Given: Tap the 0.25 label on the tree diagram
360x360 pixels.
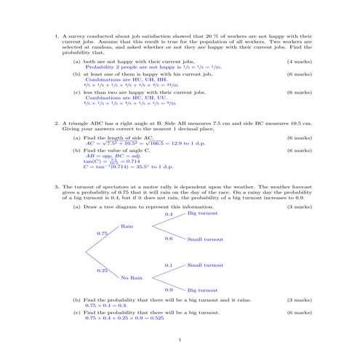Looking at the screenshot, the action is (x=102, y=271).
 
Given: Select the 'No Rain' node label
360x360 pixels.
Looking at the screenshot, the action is (x=132, y=278).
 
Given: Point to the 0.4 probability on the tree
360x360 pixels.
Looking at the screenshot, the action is (x=169, y=215).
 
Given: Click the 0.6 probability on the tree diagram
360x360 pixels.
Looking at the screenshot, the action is (x=169, y=238).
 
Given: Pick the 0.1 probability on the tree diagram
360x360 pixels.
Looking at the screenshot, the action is (x=169, y=265).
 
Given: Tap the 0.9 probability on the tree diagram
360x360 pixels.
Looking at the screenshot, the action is (x=169, y=289).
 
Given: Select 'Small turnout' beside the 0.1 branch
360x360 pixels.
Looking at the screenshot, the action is (x=204, y=265).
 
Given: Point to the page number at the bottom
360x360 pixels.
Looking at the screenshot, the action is (x=180, y=339).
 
